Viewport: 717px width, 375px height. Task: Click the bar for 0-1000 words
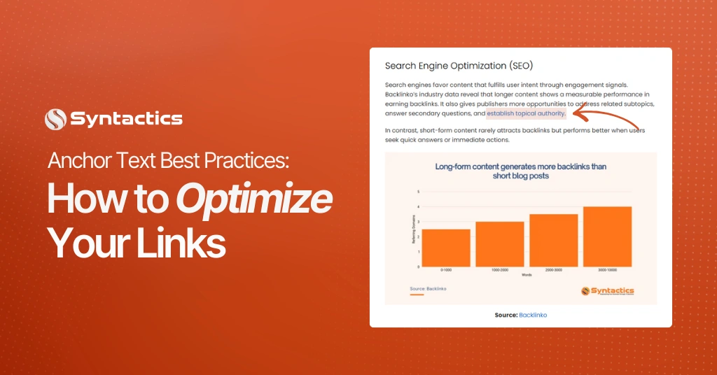pyautogui.click(x=446, y=248)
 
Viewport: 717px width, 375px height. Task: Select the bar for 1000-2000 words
pyautogui.click(x=500, y=244)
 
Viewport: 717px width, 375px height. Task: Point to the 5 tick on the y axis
pyautogui.click(x=418, y=191)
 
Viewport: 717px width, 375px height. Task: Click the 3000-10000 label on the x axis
pyautogui.click(x=607, y=269)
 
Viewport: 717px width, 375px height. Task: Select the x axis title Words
pyautogui.click(x=526, y=275)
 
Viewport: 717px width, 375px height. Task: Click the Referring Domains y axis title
pyautogui.click(x=413, y=231)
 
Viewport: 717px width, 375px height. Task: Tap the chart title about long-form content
pyautogui.click(x=520, y=171)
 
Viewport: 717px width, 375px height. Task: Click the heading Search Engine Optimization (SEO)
pyautogui.click(x=459, y=66)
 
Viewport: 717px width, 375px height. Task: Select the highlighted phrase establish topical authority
pyautogui.click(x=526, y=113)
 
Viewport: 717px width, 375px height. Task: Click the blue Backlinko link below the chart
pyautogui.click(x=533, y=315)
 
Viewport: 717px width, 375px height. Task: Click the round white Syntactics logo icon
pyautogui.click(x=55, y=119)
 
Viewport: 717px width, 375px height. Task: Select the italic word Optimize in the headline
pyautogui.click(x=253, y=201)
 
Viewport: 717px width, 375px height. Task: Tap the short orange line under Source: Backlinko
pyautogui.click(x=417, y=295)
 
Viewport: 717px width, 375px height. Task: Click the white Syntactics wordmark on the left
pyautogui.click(x=126, y=119)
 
